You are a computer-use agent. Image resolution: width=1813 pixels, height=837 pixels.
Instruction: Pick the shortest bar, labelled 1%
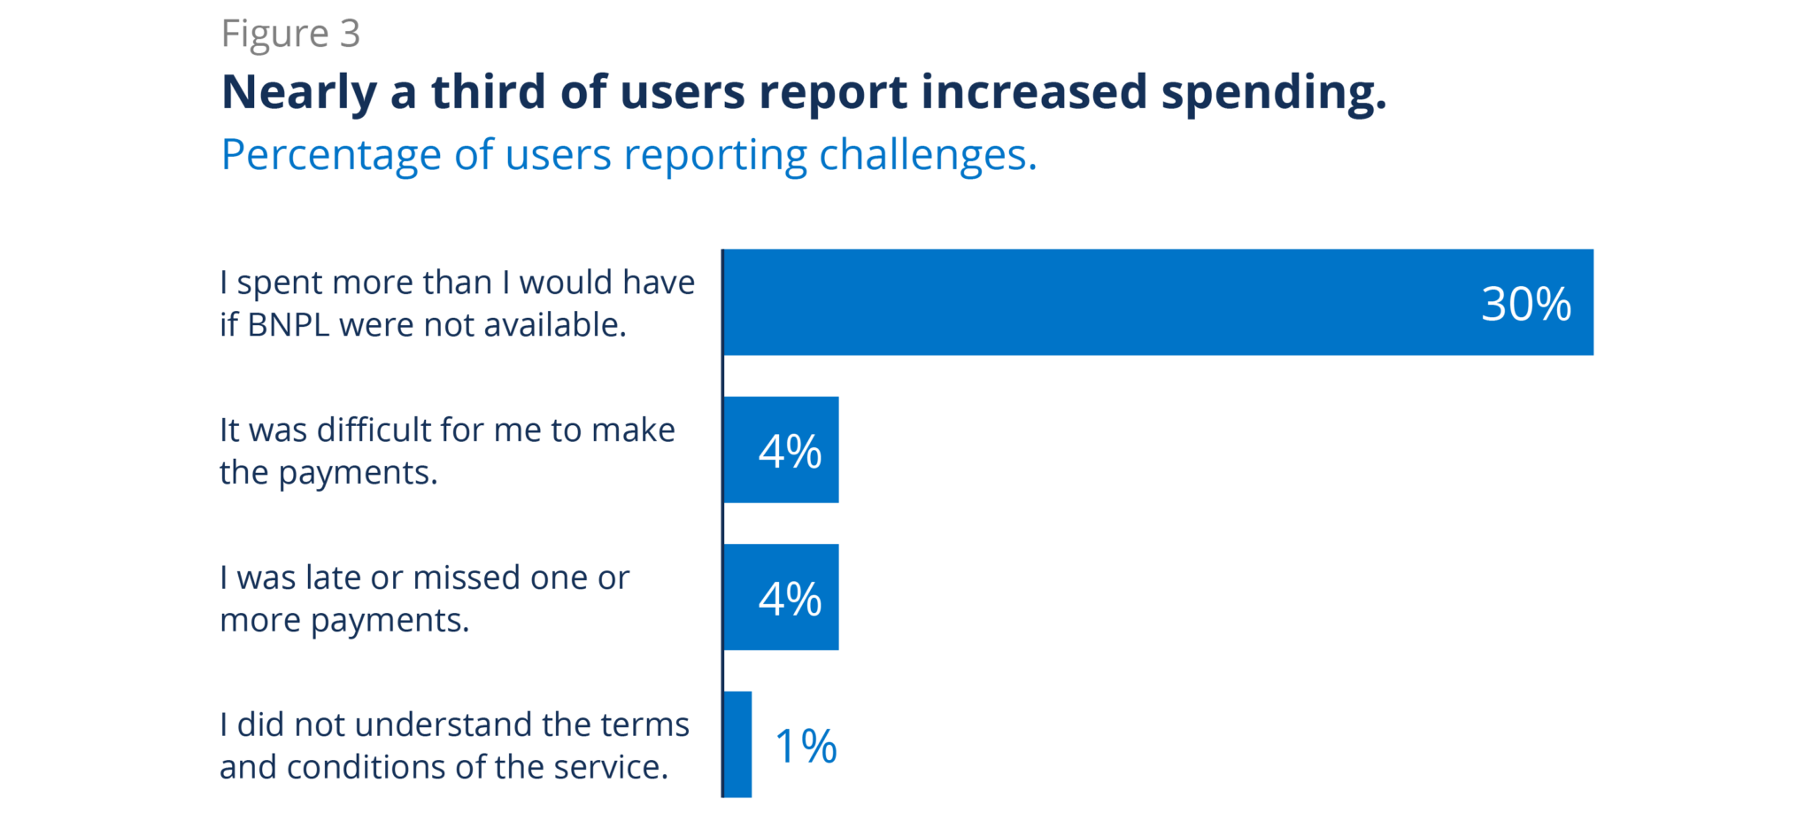coord(738,745)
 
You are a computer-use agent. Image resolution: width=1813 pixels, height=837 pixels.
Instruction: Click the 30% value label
coord(1525,304)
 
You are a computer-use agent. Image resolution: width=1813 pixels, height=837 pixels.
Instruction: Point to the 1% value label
coord(805,746)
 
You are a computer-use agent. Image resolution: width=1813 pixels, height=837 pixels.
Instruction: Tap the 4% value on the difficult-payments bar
coord(790,451)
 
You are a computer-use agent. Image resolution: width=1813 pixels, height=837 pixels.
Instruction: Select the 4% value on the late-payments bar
coord(790,599)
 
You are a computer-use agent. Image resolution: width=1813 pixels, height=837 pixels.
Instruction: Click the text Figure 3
coord(290,35)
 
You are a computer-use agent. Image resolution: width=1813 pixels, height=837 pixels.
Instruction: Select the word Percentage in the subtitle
coord(330,156)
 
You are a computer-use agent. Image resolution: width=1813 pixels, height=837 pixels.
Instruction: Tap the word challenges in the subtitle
coord(927,156)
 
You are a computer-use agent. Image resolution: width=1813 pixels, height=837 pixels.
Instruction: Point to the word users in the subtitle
coord(558,156)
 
